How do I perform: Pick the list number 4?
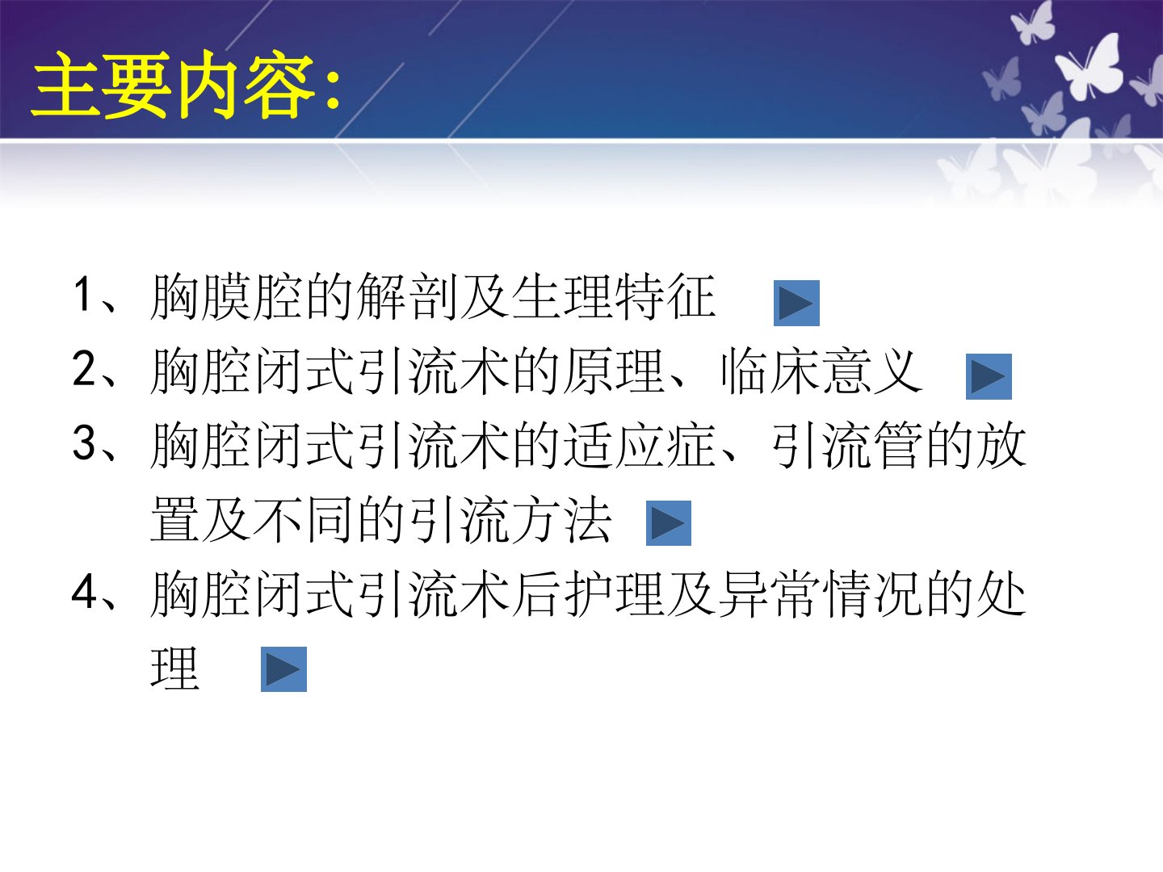(84, 591)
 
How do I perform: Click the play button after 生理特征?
(796, 303)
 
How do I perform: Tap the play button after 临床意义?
(989, 376)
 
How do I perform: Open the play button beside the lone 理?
(283, 669)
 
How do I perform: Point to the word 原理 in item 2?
(615, 371)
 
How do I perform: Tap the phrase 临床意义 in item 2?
(821, 371)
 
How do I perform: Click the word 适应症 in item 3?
(640, 445)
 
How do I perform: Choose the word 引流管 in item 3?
(846, 445)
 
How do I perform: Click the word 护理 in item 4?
(615, 594)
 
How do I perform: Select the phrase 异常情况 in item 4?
(821, 594)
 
